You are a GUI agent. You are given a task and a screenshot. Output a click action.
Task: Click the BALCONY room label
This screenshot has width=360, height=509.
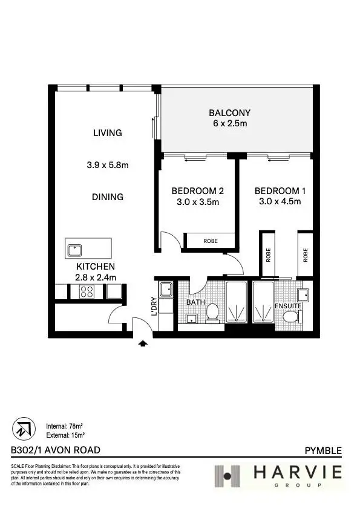(229, 112)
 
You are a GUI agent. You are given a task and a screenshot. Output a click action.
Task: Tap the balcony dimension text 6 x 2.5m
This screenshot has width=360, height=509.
(229, 123)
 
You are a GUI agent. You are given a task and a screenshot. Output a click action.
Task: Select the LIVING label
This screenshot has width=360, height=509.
(107, 133)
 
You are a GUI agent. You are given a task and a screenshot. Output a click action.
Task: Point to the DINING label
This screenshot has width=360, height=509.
(108, 196)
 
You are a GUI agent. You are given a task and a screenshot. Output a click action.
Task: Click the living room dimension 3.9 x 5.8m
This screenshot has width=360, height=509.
(107, 164)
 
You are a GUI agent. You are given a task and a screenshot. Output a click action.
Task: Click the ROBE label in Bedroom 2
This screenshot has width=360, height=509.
(210, 241)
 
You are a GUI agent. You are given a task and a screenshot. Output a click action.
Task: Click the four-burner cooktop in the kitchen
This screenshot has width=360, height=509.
(86, 291)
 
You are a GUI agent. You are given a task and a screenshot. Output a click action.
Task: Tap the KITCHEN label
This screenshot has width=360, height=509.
(95, 266)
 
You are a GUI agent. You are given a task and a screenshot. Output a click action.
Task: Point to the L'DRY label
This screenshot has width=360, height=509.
(154, 306)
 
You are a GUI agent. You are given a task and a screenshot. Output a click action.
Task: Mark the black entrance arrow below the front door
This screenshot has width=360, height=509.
(143, 343)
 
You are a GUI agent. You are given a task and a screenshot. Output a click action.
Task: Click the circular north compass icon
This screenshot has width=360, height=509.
(22, 429)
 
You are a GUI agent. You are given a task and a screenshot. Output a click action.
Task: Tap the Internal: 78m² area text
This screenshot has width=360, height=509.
(65, 426)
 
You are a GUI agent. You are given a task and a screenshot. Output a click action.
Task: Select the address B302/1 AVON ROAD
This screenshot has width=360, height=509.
(56, 450)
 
